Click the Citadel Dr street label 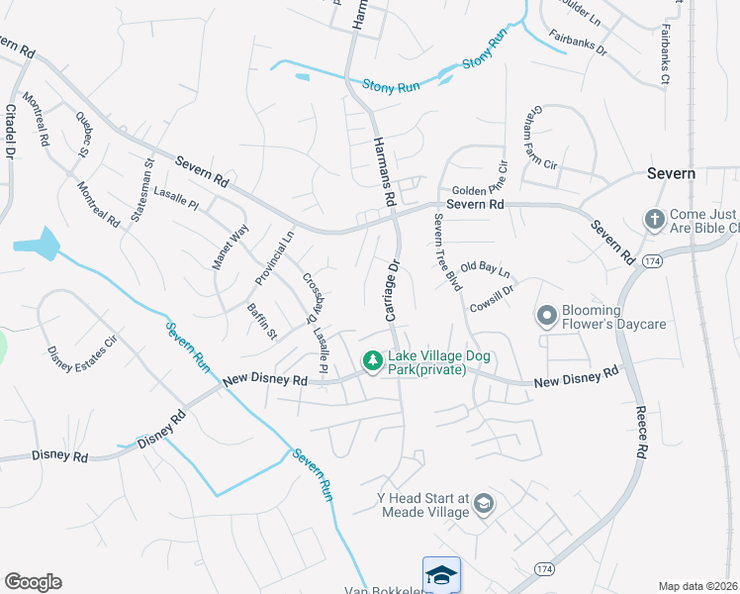tap(11, 131)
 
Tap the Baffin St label tap(261, 322)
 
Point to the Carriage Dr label tap(391, 290)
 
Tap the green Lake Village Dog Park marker tap(373, 362)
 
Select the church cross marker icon tap(653, 219)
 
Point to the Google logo tap(33, 581)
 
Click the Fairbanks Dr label tap(578, 43)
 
